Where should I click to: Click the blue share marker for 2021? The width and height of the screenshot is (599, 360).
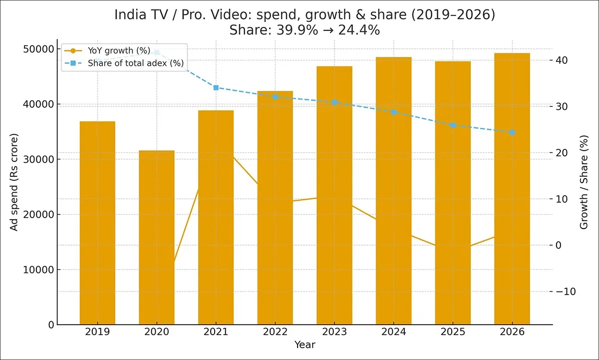click(216, 88)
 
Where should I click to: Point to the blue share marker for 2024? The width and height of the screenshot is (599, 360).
click(394, 112)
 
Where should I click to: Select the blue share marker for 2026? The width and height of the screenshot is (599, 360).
click(512, 132)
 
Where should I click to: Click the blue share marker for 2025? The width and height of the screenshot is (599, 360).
click(453, 125)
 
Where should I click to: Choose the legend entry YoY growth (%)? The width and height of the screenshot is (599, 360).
click(115, 50)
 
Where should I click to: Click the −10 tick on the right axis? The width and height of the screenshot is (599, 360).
click(565, 292)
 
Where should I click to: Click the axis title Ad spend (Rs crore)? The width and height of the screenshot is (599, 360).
click(14, 182)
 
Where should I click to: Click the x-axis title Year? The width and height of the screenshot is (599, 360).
click(304, 345)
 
